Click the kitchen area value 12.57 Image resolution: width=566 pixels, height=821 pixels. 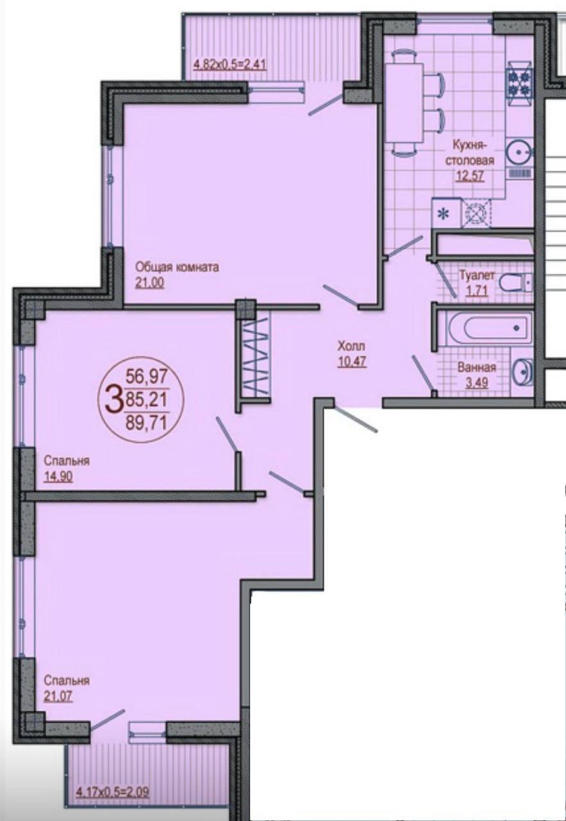470,176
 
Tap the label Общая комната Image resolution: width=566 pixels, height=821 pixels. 177,267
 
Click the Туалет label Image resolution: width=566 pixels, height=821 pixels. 477,275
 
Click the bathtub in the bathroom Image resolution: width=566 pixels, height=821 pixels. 489,328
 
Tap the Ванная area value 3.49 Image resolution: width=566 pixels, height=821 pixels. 477,383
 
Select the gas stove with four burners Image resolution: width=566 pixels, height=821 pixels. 519,83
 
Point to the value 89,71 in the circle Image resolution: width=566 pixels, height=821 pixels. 146,424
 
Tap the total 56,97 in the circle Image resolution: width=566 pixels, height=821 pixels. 146,376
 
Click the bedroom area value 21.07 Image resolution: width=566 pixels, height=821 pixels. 58,696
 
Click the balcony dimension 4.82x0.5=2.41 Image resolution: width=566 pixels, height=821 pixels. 229,65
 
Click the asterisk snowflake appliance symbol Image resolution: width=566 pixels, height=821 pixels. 444,214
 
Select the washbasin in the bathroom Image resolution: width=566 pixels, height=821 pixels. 523,373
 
